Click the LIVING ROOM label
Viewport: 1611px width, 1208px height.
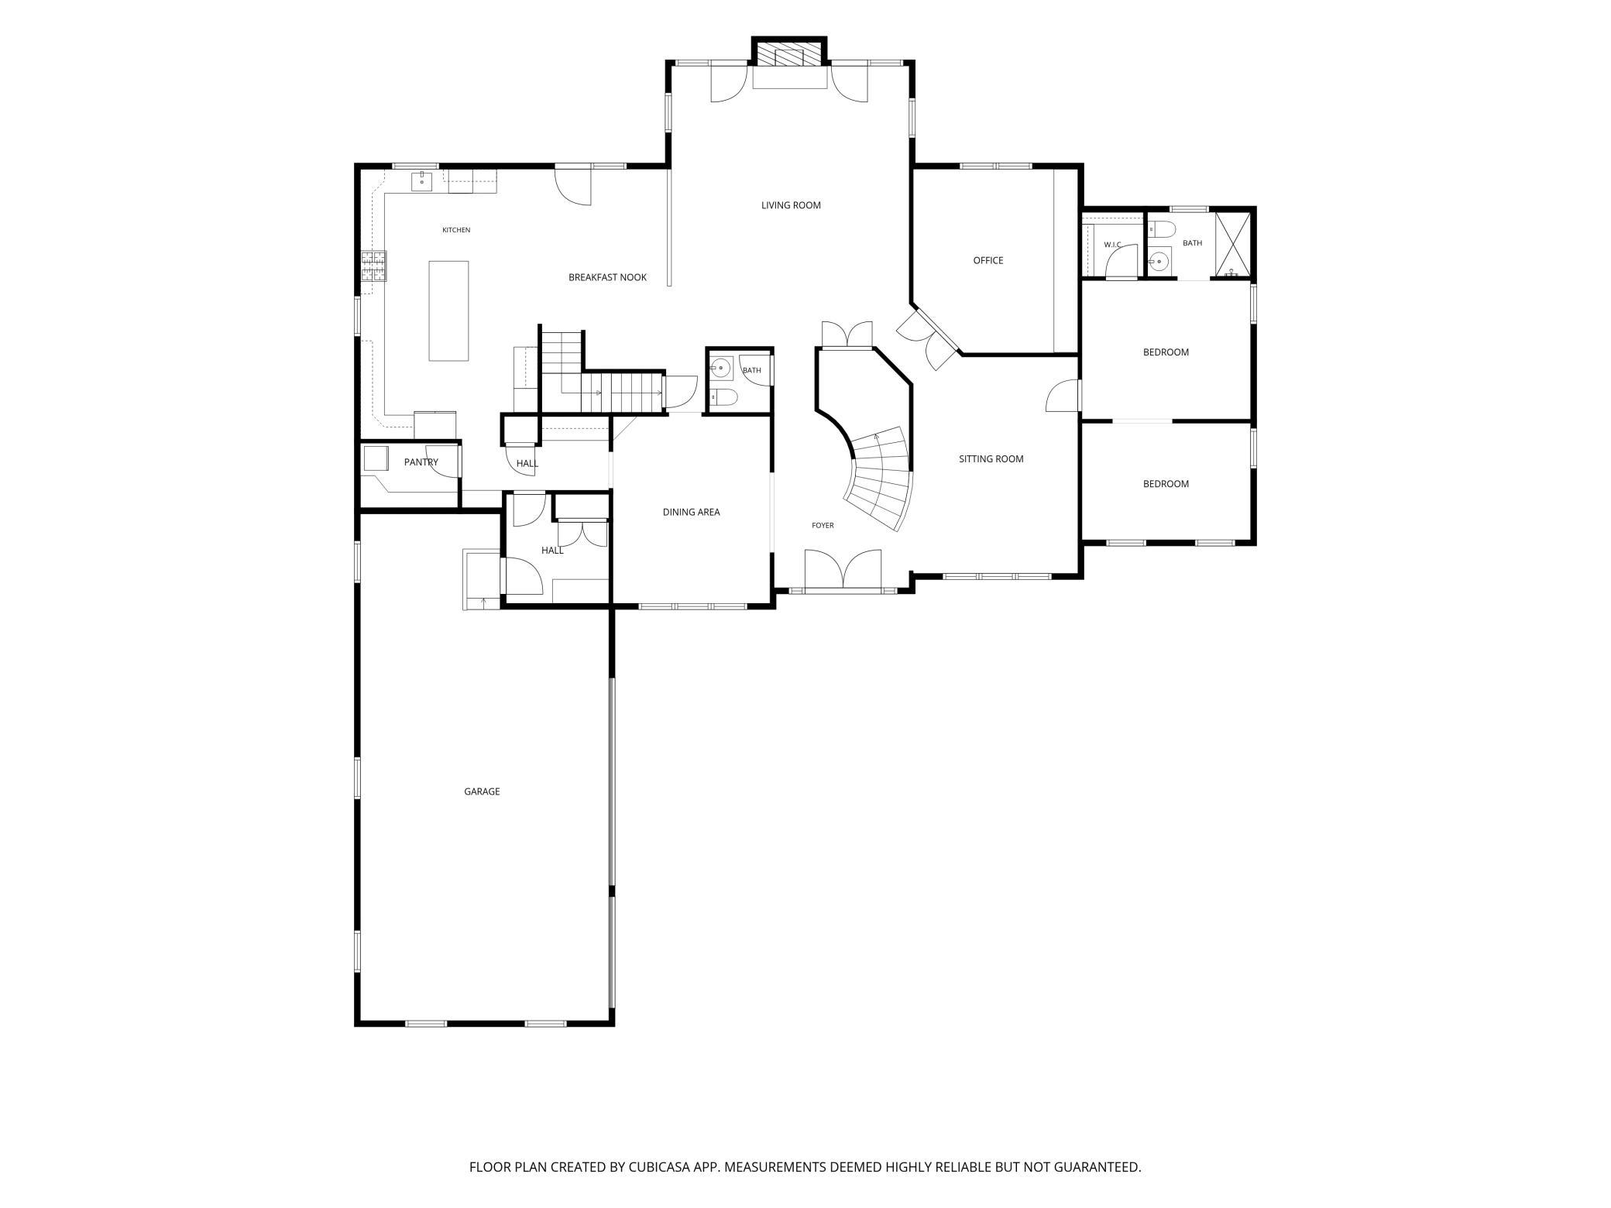[x=791, y=205]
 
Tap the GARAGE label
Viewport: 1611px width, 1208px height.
[x=482, y=791]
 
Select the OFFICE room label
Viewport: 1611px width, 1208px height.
[x=988, y=260]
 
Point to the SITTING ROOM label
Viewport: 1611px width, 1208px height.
[x=991, y=459]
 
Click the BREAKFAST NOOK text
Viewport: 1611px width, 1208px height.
[x=607, y=277]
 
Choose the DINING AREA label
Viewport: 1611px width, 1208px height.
[x=691, y=512]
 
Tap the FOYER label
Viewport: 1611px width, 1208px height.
[x=823, y=526]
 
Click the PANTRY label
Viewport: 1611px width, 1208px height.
[x=421, y=462]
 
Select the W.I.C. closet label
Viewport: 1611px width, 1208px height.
[x=1113, y=245]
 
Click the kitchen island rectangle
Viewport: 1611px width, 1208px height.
[x=449, y=311]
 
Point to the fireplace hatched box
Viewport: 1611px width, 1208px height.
[x=789, y=54]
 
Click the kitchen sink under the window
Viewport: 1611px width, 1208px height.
[x=421, y=183]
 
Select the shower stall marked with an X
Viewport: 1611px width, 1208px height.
[x=1232, y=245]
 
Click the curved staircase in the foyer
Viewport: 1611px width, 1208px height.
[x=880, y=478]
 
